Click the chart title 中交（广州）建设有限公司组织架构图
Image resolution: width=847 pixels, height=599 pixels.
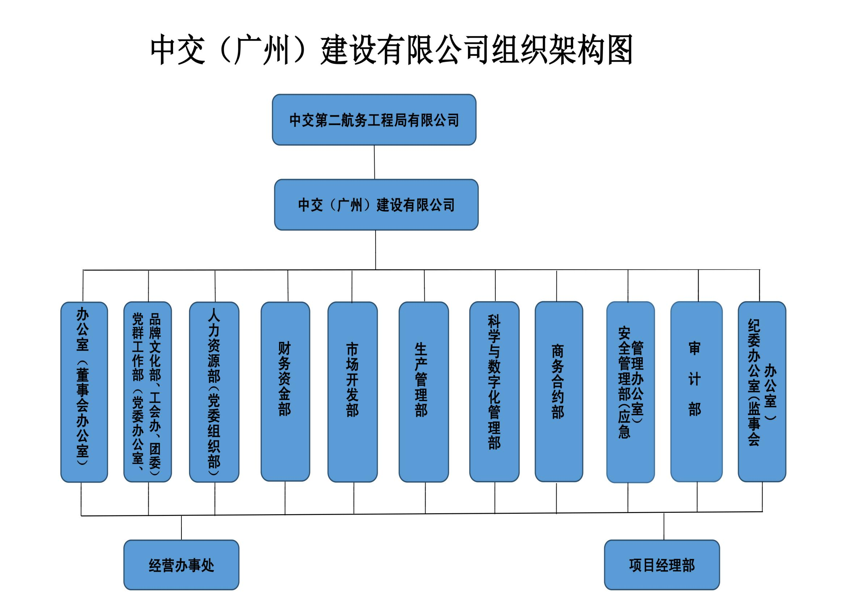(392, 50)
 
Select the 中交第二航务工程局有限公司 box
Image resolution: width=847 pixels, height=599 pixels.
(374, 120)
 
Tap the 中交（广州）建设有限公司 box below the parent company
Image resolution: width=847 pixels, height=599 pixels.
(376, 205)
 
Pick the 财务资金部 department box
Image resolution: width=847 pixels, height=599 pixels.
(285, 392)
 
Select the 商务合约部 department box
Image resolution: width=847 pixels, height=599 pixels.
(558, 392)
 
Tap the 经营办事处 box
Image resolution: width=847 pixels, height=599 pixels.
(181, 565)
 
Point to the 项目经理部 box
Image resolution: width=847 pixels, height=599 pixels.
(662, 565)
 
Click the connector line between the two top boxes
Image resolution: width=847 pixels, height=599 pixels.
(374, 162)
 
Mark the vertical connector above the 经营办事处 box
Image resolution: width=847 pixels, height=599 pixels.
(181, 528)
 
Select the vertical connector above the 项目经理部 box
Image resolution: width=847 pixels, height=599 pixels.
(664, 526)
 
